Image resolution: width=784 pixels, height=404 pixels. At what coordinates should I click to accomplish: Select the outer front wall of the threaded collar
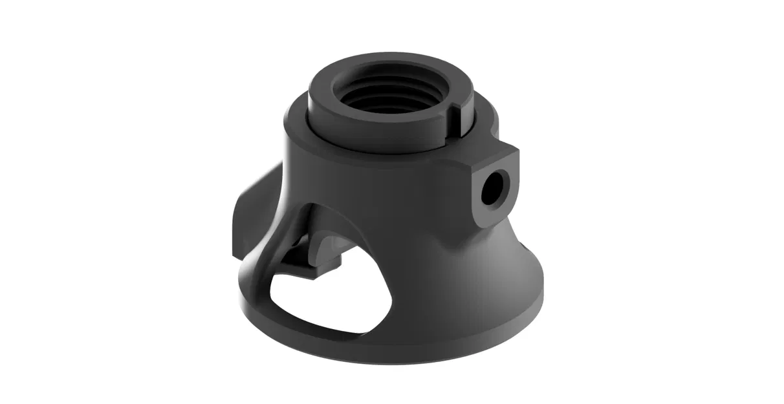[x=375, y=129]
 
